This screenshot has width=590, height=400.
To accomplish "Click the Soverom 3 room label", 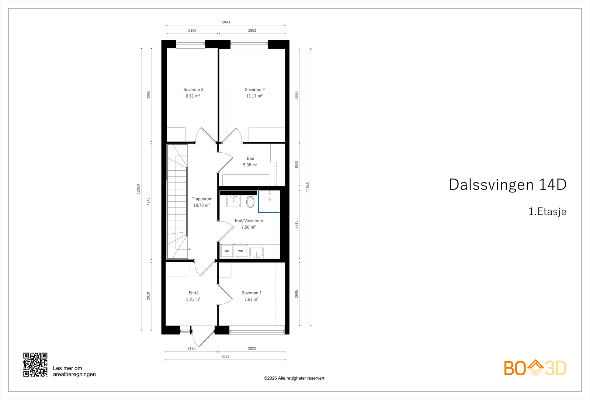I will (193, 90).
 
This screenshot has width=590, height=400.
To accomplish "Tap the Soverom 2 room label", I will (254, 90).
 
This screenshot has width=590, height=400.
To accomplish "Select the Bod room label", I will (250, 159).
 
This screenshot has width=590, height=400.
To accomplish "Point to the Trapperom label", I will (202, 199).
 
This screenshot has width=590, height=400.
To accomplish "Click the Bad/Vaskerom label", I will (249, 221).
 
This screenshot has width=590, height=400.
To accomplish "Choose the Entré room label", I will (193, 293).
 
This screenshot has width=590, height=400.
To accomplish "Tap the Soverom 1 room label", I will (251, 293).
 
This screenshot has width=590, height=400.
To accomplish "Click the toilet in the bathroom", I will (250, 202).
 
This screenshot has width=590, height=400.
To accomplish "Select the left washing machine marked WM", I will (227, 251).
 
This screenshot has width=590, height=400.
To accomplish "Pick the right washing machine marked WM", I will (241, 251).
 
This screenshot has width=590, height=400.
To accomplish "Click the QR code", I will (35, 365).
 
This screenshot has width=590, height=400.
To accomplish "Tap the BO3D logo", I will (535, 368).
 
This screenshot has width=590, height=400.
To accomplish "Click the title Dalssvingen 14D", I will (507, 185).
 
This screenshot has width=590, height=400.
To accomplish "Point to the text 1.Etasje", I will (547, 212).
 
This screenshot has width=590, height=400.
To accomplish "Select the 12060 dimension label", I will (139, 189).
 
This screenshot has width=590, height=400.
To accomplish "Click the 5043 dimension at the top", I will (226, 22).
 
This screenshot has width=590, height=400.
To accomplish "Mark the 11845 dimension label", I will (308, 187).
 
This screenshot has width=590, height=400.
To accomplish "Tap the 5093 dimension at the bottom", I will (225, 356).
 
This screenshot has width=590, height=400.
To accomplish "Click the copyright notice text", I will (294, 378).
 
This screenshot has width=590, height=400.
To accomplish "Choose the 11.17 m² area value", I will (254, 96).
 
